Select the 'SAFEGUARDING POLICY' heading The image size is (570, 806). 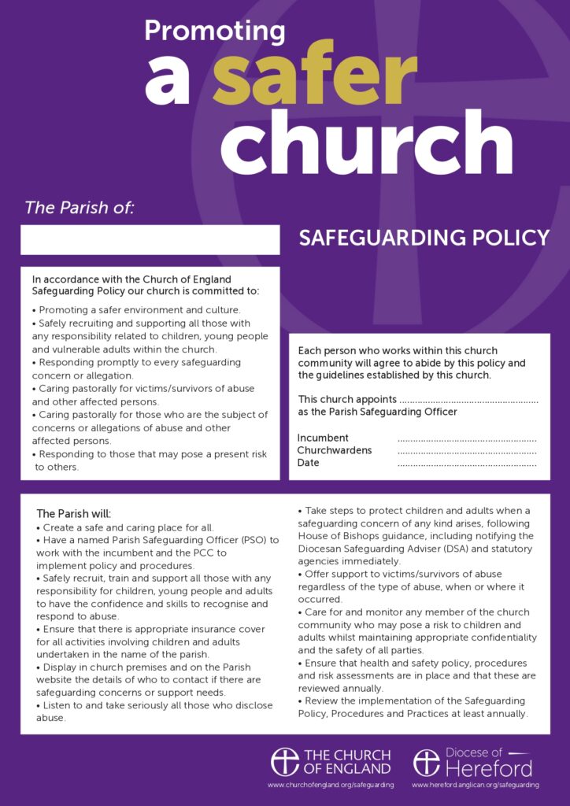[424, 238]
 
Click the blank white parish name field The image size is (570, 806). [150, 239]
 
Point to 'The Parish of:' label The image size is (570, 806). [80, 208]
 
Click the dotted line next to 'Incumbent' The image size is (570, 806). [467, 439]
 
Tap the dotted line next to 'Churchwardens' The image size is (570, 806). [467, 452]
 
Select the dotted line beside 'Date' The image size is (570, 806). [467, 464]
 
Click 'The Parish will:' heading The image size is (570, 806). [74, 513]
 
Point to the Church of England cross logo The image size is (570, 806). [284, 761]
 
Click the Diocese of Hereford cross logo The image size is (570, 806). [426, 761]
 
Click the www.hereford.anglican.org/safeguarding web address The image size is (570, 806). [475, 785]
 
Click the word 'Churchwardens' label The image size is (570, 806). [335, 450]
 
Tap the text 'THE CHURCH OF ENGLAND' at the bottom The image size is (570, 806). [347, 761]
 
